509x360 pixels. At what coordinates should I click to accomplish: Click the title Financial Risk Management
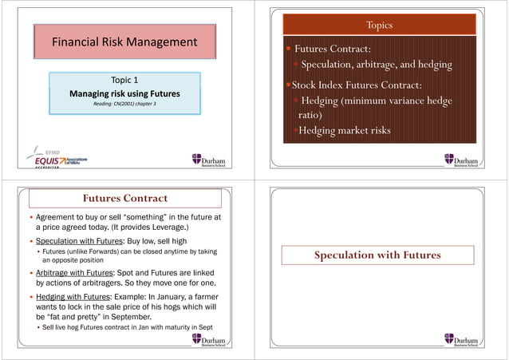(124, 42)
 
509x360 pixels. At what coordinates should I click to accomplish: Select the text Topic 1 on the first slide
(124, 80)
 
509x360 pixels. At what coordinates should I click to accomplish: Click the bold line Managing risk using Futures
(124, 93)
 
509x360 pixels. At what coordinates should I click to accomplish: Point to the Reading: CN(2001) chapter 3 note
(124, 105)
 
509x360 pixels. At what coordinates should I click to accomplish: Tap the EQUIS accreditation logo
(57, 159)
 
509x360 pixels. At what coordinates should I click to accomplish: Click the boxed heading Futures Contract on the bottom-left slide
(124, 197)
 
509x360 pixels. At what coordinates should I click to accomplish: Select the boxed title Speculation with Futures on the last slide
(377, 255)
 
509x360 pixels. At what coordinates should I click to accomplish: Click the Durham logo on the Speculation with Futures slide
(465, 341)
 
